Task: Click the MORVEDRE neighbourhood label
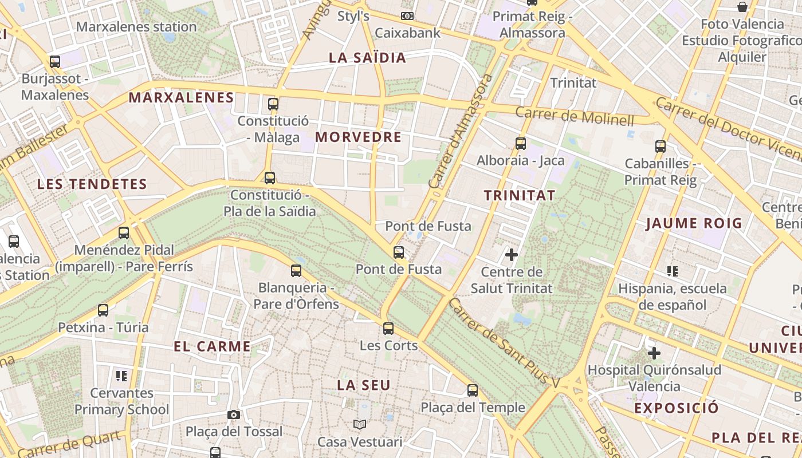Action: [358, 137]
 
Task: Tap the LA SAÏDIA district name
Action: [367, 58]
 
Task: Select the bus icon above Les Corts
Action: [388, 329]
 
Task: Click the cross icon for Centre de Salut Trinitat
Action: [512, 255]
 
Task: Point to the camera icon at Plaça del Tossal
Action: [234, 414]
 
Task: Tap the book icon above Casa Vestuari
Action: [360, 424]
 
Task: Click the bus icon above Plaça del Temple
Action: [473, 390]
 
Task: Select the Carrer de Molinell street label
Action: [575, 116]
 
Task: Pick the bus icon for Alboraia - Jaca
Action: [521, 144]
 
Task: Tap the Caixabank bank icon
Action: [407, 16]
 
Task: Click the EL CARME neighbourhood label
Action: [212, 346]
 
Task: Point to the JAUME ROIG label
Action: [694, 223]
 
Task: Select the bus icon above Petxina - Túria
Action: [103, 310]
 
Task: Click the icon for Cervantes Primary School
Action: [121, 376]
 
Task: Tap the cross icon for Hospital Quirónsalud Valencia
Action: [654, 353]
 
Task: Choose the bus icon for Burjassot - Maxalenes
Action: [55, 62]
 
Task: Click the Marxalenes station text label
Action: [136, 27]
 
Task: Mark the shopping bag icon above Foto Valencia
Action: [742, 7]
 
